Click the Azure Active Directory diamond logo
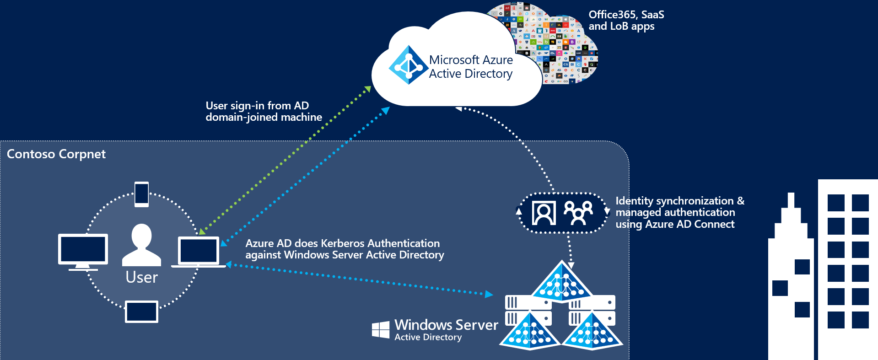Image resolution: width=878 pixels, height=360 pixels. pos(408,65)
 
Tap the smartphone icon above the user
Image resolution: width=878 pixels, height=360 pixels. pos(141,194)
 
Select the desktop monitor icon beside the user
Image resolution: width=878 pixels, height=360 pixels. pos(83,251)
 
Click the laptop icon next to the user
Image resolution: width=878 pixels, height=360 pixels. pos(199,252)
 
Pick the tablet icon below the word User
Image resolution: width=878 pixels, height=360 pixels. pos(142,312)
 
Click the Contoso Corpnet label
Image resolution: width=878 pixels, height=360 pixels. pos(56,154)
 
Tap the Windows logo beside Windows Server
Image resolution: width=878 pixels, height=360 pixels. pos(381,329)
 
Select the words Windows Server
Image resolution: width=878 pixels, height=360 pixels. pos(446,325)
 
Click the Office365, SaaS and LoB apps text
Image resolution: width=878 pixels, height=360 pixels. pos(626,21)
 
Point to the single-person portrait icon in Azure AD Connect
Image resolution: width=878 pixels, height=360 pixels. pos(544,213)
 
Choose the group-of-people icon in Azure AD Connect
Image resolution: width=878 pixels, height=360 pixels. pos(578,213)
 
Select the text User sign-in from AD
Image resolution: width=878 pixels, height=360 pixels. pos(257,106)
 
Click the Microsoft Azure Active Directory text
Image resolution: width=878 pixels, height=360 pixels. pos(471,67)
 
